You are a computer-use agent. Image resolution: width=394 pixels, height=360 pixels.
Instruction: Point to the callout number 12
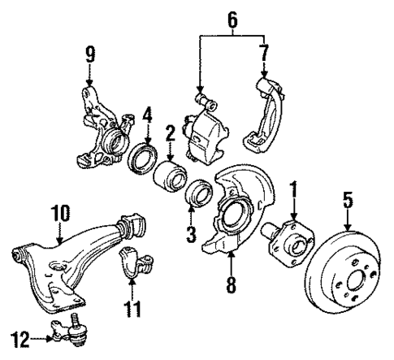click(18, 334)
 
